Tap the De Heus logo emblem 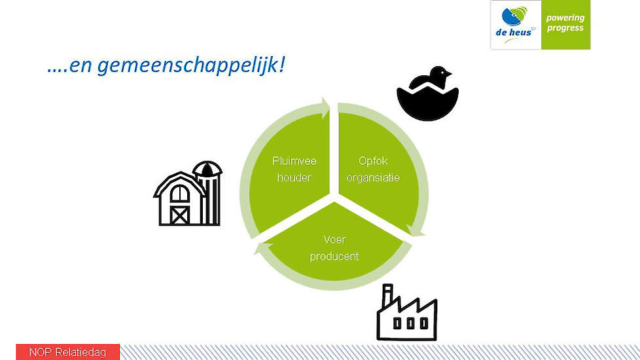pos(514,16)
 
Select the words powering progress pos(565,23)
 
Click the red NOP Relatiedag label pos(68,352)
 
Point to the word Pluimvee pos(294,161)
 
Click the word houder pos(294,177)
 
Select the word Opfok pos(373,161)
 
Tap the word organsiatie pos(373,177)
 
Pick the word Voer pos(334,240)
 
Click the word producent pos(334,257)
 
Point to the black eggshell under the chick pos(428,103)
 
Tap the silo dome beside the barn pos(207,169)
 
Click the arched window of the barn pos(179,193)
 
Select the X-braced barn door pos(179,215)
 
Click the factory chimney pos(387,297)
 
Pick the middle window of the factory pos(410,324)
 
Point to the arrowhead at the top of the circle pos(325,108)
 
